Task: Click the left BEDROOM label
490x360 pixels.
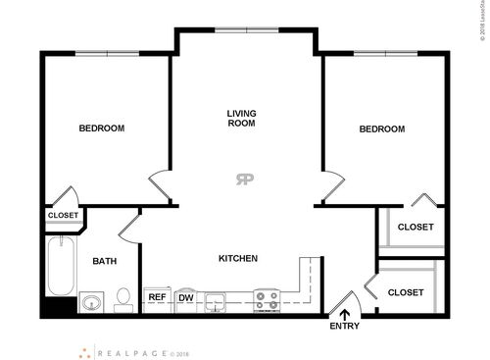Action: [101, 129]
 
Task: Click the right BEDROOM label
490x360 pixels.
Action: [381, 129]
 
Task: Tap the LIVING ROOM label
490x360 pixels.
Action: [241, 119]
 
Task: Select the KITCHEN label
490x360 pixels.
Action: [237, 259]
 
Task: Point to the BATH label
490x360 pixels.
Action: [105, 261]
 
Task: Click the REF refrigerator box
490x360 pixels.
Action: [156, 297]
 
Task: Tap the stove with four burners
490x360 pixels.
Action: [267, 299]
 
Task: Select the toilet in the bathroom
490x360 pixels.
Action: [122, 298]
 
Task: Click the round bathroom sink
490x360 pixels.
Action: [91, 301]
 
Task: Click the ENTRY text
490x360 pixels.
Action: [344, 326]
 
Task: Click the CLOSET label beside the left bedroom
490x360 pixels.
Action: [63, 215]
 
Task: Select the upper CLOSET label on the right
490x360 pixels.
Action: [415, 228]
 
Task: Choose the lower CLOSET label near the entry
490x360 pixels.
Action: [406, 292]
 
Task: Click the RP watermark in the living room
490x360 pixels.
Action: [243, 179]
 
